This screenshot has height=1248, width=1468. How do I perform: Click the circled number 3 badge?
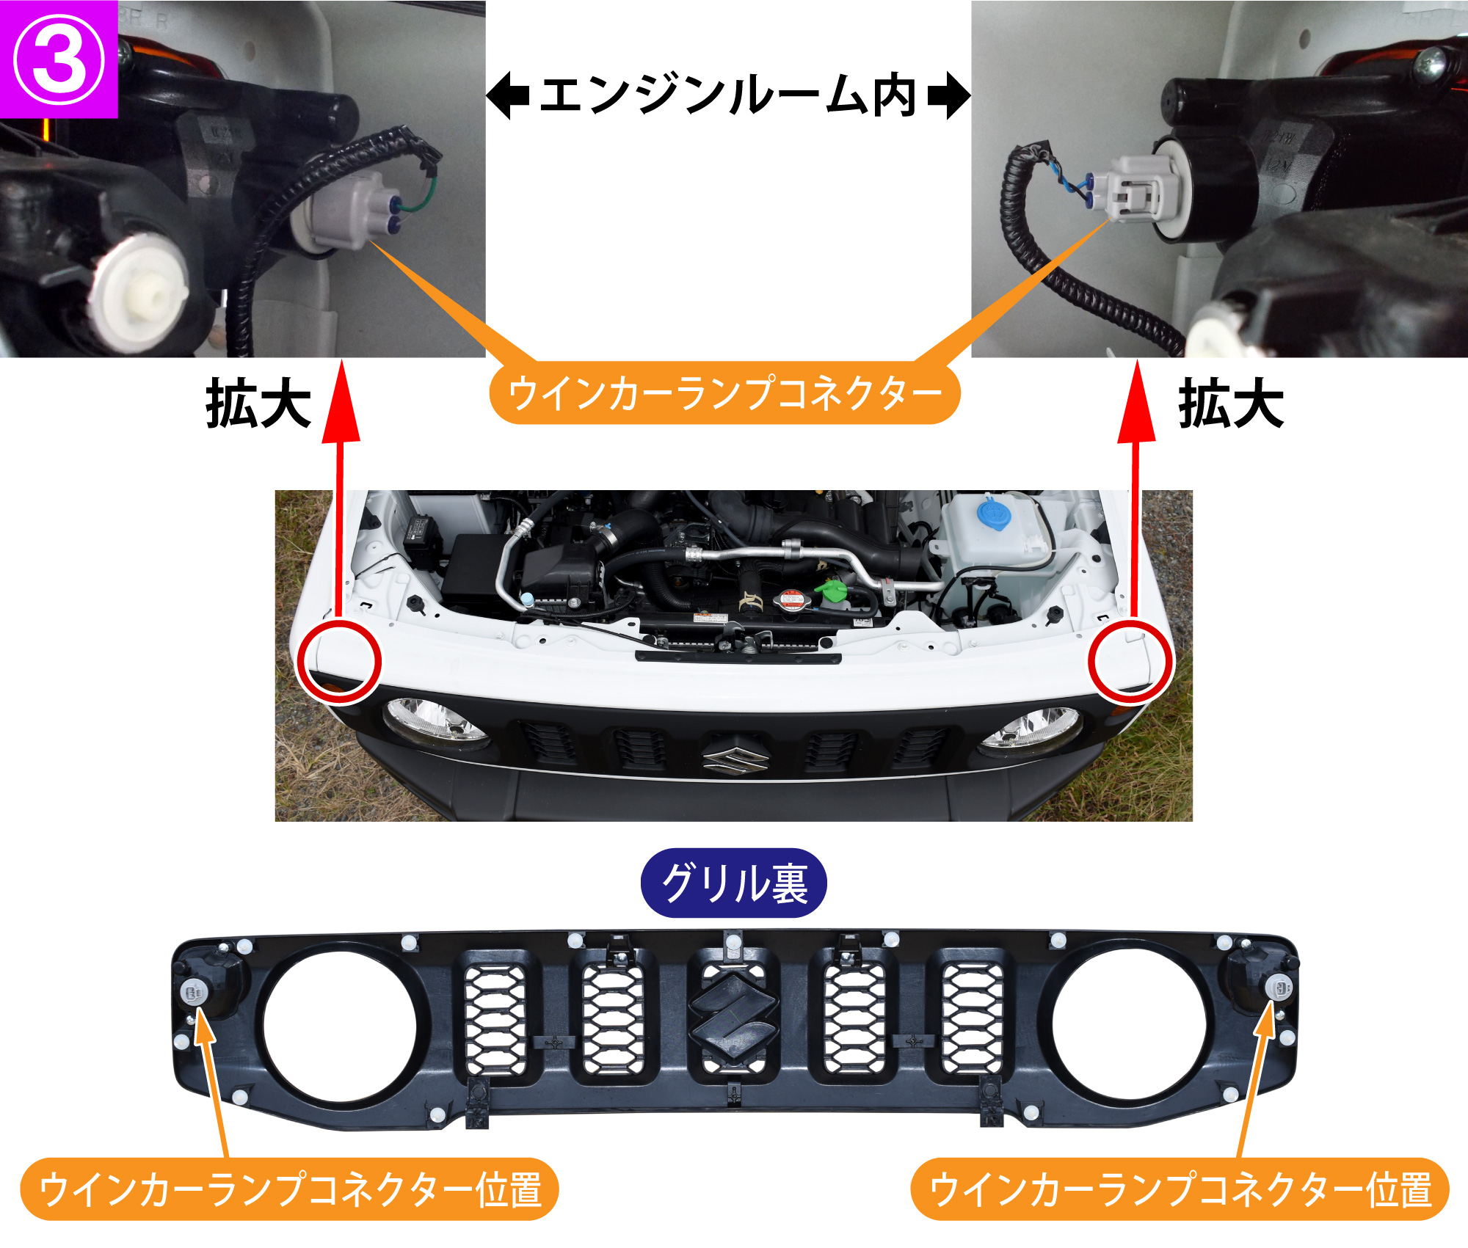coord(59,59)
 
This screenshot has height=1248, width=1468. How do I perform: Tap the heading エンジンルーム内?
coord(728,95)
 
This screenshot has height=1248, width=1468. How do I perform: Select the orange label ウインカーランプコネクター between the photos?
coord(724,393)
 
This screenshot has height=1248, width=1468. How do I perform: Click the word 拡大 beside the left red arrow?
coord(258,403)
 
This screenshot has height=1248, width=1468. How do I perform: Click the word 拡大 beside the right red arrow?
coord(1231,403)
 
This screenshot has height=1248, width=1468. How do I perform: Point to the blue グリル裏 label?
coord(734,883)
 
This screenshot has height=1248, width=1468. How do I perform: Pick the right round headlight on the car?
coord(1031,731)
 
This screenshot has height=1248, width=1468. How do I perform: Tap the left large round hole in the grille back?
coord(340,1027)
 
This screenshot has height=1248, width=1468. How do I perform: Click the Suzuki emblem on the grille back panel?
coord(733,1015)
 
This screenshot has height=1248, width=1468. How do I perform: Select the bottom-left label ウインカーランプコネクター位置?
coord(289,1189)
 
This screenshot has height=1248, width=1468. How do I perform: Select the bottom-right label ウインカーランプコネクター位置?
coord(1180,1189)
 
